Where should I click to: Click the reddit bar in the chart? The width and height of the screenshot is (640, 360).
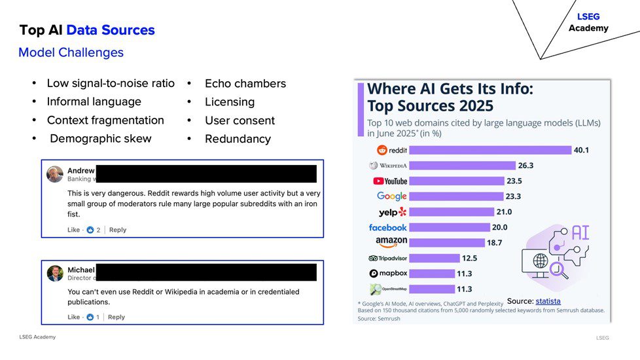pos(490,150)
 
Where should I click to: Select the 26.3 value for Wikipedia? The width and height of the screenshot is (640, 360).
pos(525,166)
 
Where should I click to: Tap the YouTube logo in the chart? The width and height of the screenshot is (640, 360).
pos(389,181)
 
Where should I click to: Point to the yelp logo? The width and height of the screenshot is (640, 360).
pos(393,212)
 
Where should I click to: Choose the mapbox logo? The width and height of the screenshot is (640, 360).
pos(388,274)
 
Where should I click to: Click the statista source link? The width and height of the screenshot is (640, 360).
pos(548,300)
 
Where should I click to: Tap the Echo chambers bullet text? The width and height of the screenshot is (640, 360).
pos(245,84)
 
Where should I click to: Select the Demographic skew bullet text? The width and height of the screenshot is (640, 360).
pos(100,139)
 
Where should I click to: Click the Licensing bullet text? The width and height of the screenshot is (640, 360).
pos(230,102)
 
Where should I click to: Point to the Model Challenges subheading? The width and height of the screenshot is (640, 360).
pos(71,52)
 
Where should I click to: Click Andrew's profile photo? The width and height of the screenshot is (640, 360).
pos(55,174)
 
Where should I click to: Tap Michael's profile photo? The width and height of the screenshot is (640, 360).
pos(55,273)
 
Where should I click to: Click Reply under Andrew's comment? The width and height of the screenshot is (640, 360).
pos(118,230)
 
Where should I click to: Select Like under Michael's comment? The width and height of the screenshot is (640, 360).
pos(73,317)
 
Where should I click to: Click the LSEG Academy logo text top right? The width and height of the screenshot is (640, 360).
pos(588,22)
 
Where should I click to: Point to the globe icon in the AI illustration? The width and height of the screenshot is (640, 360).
pos(540,261)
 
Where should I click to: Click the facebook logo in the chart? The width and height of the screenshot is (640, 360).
pos(388,227)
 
